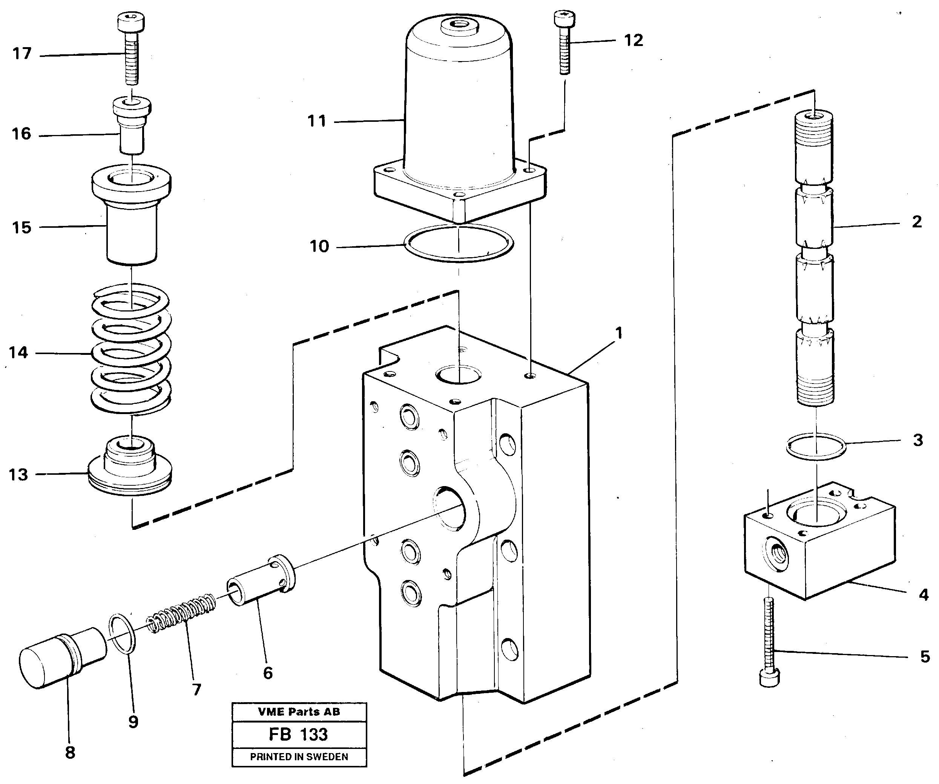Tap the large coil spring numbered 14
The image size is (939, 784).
tap(131, 349)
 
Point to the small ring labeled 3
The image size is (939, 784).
tap(816, 446)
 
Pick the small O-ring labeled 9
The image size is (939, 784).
tap(123, 635)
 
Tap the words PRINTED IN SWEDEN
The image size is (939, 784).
tap(299, 757)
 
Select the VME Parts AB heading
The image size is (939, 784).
tap(299, 712)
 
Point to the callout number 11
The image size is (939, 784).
tap(316, 122)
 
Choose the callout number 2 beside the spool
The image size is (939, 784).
tap(917, 222)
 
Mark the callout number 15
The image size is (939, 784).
tap(21, 228)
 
